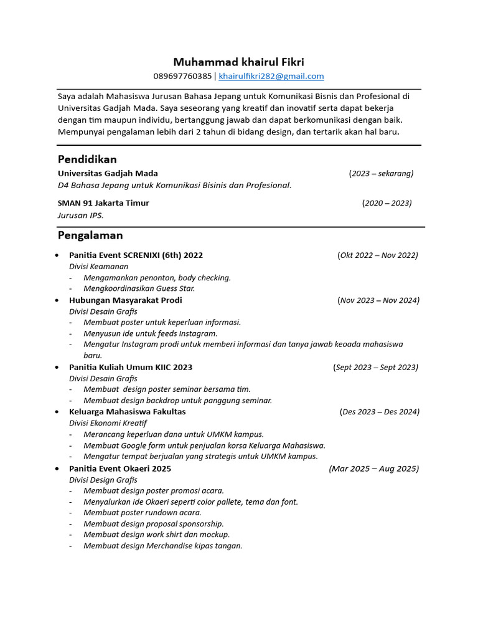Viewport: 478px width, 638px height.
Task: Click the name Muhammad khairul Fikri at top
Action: pos(238,62)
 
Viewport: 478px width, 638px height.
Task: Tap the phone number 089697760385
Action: pos(182,77)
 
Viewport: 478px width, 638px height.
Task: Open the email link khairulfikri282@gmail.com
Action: pos(271,77)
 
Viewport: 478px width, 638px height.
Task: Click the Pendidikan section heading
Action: pos(87,159)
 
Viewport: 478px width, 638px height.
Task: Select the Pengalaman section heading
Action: pos(90,236)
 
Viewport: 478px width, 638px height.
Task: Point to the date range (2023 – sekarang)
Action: pos(381,173)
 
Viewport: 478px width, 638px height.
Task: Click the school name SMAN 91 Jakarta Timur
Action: pos(103,203)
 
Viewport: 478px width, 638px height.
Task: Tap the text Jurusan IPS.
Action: pos(81,216)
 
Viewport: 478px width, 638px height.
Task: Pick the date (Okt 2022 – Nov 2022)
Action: pos(378,255)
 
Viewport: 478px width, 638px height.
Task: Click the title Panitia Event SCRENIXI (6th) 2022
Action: pos(136,255)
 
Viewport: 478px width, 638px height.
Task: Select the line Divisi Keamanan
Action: pos(98,267)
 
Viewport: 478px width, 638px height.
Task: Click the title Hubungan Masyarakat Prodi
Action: pos(126,300)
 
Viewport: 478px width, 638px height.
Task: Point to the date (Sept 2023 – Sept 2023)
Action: pos(376,367)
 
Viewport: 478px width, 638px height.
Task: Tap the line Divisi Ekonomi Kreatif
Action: pos(108,423)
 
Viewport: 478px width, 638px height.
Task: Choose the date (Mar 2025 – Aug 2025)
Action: pos(374,469)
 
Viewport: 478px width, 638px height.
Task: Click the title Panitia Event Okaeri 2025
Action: pos(120,469)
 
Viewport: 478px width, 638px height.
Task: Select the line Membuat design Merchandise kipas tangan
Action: pos(162,546)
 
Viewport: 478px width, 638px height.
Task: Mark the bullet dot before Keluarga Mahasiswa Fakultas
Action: pos(57,412)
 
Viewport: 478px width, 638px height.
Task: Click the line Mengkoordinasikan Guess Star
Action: pos(139,288)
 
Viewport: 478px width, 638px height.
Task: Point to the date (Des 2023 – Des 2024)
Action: pos(380,412)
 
